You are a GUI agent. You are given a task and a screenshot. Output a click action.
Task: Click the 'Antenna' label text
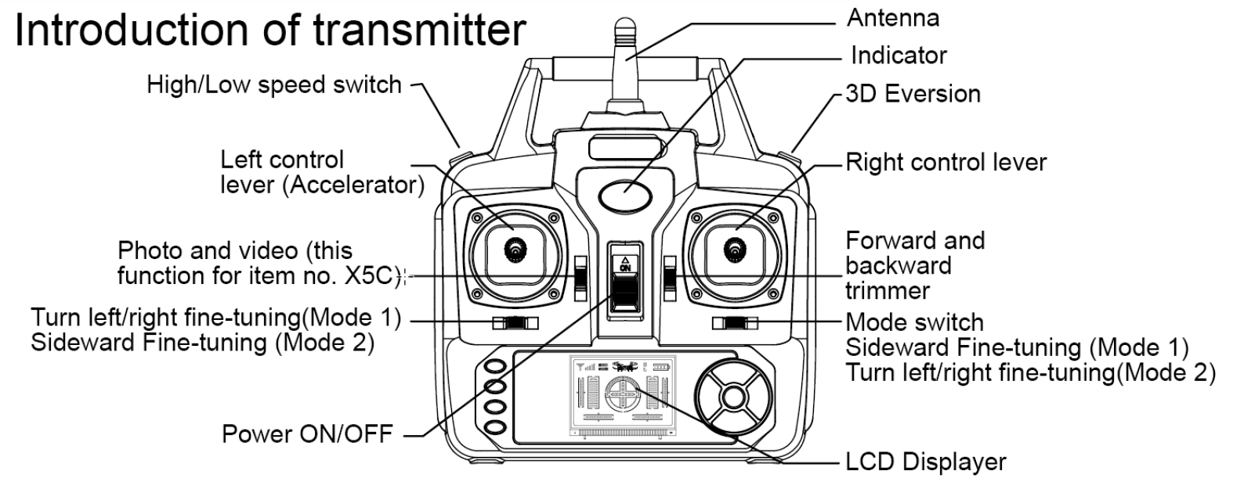coord(892,18)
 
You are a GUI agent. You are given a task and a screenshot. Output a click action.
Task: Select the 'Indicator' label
coord(898,56)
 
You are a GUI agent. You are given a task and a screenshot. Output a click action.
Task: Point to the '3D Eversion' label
coord(913,94)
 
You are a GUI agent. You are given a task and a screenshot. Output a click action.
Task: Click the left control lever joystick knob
coord(515,250)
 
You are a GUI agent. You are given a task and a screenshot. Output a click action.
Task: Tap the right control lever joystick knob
coord(734,250)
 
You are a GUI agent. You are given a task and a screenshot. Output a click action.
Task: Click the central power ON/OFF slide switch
coord(625,293)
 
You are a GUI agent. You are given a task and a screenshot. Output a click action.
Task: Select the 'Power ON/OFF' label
coord(307,433)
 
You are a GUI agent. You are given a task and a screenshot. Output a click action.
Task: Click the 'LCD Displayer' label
coord(925,462)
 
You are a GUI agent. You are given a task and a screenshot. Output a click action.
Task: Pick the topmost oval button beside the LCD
coord(494,366)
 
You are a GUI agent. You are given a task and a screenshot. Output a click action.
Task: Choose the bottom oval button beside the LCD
coord(494,427)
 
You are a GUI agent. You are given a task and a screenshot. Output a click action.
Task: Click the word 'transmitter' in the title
coord(420,31)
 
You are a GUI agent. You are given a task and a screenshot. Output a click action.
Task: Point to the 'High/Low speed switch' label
coord(274,84)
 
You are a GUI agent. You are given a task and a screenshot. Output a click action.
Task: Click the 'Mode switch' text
coord(914,322)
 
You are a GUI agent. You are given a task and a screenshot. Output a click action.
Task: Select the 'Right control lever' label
coord(946,163)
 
